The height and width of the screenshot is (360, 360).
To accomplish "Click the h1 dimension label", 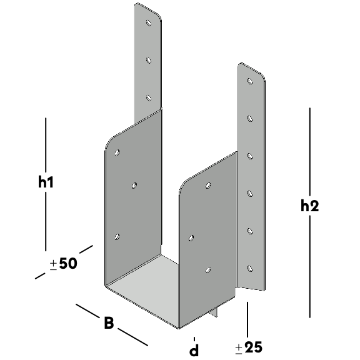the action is tap(46, 182).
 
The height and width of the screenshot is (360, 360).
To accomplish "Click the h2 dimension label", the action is tap(310, 206).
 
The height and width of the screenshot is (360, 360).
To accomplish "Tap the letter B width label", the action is tap(109, 322).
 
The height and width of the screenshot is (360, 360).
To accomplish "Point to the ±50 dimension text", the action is tap(63, 264).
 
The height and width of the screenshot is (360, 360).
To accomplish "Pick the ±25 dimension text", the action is tap(249, 347).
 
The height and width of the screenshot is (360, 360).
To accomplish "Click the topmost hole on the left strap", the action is tap(149, 22).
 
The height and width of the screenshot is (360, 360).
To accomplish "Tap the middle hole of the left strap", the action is tap(149, 61).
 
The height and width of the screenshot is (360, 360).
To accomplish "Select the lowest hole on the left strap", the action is tap(149, 98).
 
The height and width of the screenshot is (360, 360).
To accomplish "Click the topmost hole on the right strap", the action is tap(250, 81).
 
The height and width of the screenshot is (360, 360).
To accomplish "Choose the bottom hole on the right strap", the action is tap(250, 269).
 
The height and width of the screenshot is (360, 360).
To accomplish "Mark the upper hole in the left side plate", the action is tap(117, 152).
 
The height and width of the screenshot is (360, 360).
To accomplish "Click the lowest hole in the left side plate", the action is tap(117, 237).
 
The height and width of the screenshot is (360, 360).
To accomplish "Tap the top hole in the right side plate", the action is tap(208, 186).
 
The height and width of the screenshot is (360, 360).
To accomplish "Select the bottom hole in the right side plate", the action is tap(208, 270).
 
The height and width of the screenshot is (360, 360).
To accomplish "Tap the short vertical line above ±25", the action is tap(247, 319).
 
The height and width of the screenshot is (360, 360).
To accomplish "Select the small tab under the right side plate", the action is tap(214, 312).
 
